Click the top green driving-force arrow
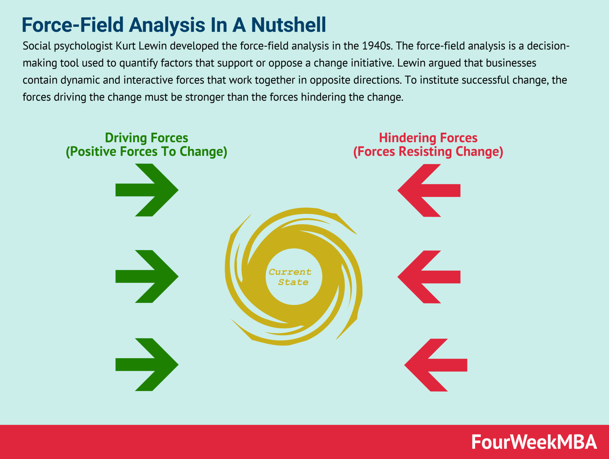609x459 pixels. pyautogui.click(x=147, y=190)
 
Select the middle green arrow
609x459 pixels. pyautogui.click(x=147, y=276)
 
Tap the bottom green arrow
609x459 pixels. pyautogui.click(x=147, y=365)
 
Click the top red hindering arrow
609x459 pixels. pyautogui.click(x=429, y=190)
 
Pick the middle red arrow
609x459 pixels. pyautogui.click(x=429, y=277)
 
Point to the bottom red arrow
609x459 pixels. pyautogui.click(x=436, y=365)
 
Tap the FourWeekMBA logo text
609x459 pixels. pyautogui.click(x=534, y=442)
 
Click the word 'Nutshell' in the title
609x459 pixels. pyautogui.click(x=288, y=25)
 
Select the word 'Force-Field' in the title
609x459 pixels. pyautogui.click(x=72, y=25)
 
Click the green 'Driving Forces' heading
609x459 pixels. pyautogui.click(x=146, y=138)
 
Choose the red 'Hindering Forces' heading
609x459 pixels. pyautogui.click(x=428, y=138)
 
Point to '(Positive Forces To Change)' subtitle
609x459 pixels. pyautogui.click(x=146, y=152)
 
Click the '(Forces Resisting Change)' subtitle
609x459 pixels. pyautogui.click(x=428, y=152)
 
